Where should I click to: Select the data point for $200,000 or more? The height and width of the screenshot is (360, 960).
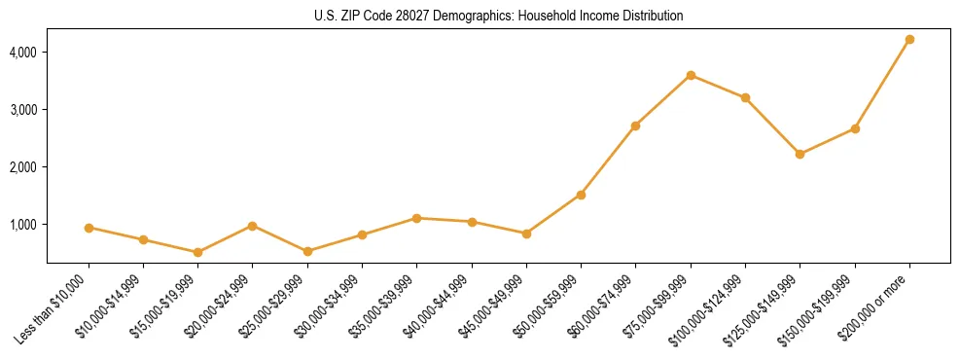click(x=909, y=39)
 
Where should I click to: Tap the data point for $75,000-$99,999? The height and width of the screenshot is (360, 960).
click(x=691, y=75)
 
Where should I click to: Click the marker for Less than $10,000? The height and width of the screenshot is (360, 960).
click(x=89, y=228)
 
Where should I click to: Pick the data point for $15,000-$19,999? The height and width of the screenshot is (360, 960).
click(x=197, y=252)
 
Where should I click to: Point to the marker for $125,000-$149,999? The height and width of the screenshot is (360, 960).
click(x=800, y=154)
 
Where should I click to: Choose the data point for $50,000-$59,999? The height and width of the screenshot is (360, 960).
click(x=581, y=195)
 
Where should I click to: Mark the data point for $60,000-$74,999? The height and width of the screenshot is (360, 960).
click(x=635, y=126)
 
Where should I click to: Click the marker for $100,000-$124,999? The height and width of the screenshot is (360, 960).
click(x=745, y=97)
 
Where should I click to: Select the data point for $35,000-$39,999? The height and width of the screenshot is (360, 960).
click(x=416, y=218)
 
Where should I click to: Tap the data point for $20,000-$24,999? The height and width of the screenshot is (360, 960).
click(x=253, y=226)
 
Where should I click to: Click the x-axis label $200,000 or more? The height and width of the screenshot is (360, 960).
click(x=877, y=305)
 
